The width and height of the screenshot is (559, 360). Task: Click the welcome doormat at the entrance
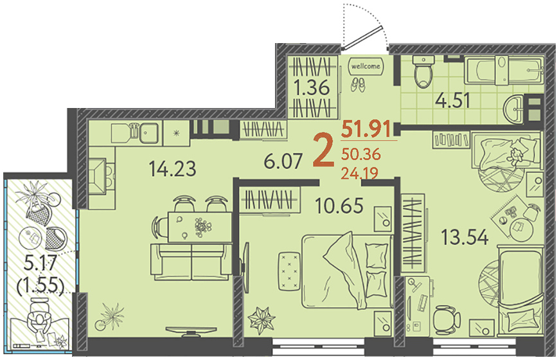click(x=366, y=66)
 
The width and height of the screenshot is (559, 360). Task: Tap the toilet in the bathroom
click(x=423, y=72)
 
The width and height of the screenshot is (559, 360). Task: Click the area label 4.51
click(x=452, y=101)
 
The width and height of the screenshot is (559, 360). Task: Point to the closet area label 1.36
click(x=312, y=87)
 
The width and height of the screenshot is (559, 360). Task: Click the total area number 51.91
click(x=366, y=129)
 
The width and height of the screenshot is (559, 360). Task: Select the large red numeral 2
click(x=324, y=151)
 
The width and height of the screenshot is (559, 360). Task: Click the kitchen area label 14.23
click(x=173, y=169)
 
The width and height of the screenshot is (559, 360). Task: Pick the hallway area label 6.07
click(x=283, y=161)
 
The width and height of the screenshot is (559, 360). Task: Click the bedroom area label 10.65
click(x=339, y=206)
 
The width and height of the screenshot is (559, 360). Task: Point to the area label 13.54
click(x=465, y=238)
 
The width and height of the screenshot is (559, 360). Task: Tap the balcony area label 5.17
click(x=40, y=264)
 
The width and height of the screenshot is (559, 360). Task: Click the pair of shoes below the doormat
click(x=358, y=85)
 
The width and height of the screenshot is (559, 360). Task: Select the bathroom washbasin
click(x=514, y=108)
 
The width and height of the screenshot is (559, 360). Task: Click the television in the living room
click(x=191, y=330)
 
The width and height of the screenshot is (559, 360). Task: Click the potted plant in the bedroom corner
click(x=262, y=319)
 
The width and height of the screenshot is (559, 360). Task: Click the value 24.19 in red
click(x=360, y=173)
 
